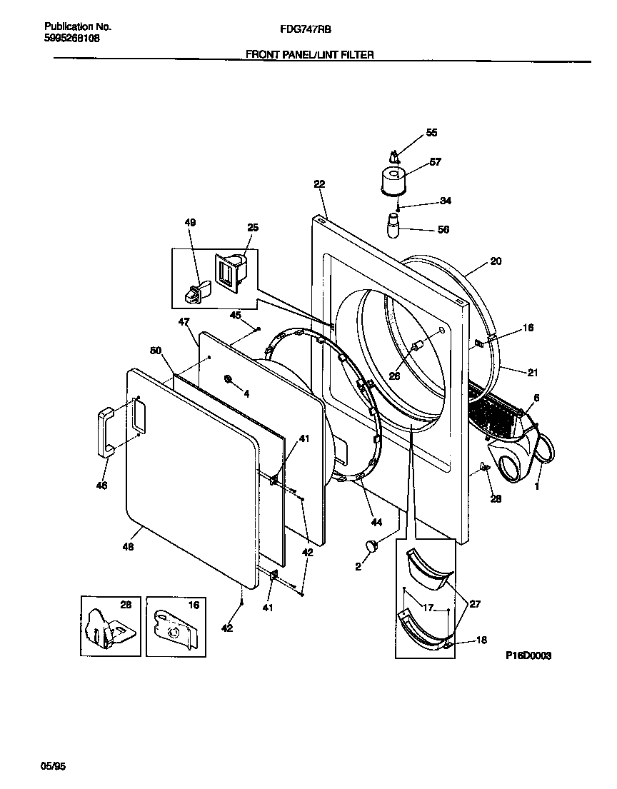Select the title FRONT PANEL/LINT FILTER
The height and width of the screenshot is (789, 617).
309,54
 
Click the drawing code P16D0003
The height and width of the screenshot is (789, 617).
529,655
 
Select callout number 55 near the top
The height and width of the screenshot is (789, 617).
431,133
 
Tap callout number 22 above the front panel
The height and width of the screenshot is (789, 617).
318,184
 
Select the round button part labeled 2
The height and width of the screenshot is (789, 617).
371,546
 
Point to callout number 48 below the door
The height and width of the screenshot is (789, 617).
129,547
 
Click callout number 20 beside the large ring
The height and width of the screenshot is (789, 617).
496,261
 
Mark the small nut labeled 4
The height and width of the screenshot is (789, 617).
226,378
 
